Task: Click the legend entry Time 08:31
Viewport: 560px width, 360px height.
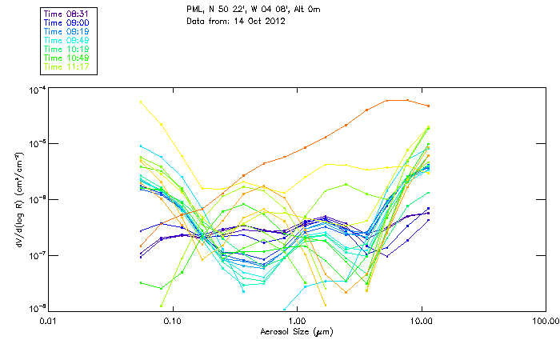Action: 66,14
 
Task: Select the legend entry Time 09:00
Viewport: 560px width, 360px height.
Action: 66,22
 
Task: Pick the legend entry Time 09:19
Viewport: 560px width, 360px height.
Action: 66,31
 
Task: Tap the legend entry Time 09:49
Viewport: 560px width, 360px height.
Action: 66,40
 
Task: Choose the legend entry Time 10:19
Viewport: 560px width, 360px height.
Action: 66,49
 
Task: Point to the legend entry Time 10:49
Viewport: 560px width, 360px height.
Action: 66,58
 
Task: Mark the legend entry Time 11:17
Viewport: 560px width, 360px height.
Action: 66,66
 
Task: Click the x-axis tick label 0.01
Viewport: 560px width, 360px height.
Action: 48,320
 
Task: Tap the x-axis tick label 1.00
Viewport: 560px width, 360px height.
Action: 297,320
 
